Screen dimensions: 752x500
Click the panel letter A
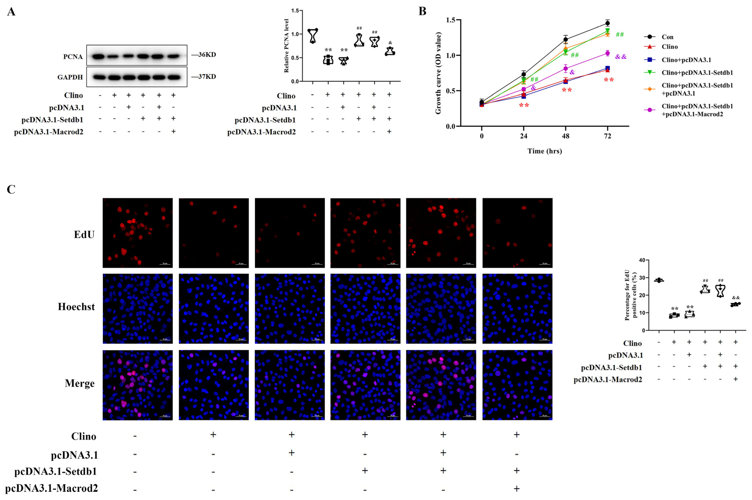point(11,12)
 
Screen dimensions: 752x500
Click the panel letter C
point(11,189)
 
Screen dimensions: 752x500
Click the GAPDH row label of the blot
point(70,77)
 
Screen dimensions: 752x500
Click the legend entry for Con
point(667,37)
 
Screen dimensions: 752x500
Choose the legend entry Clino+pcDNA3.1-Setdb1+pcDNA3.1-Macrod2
point(697,110)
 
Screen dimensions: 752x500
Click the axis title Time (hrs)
point(544,151)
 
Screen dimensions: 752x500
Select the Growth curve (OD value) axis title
point(438,73)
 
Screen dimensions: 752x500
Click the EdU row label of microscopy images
point(84,235)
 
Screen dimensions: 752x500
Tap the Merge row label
point(80,383)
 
